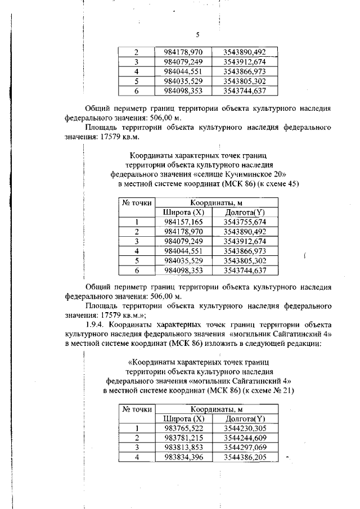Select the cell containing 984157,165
click(x=183, y=222)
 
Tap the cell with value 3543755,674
click(x=245, y=222)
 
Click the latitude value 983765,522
click(x=183, y=428)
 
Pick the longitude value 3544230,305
click(x=245, y=428)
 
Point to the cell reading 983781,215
click(x=183, y=438)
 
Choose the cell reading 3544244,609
click(x=245, y=438)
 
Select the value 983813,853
click(x=183, y=447)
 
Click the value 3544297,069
click(x=245, y=447)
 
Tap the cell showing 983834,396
click(x=183, y=457)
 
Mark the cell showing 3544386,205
click(x=245, y=457)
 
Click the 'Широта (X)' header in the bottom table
click(x=183, y=418)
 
